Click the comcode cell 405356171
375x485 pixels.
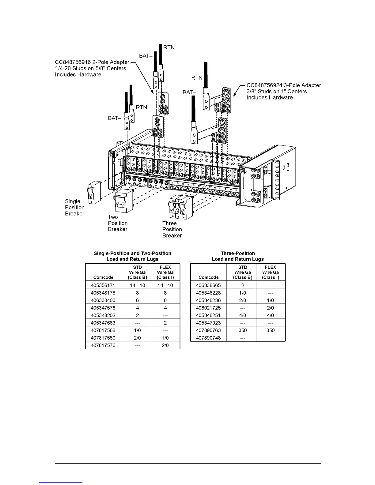click(x=103, y=285)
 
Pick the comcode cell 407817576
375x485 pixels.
click(x=103, y=345)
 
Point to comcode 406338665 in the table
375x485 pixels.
click(x=208, y=285)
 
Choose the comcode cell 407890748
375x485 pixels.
click(x=208, y=338)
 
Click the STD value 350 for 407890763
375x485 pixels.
click(x=243, y=330)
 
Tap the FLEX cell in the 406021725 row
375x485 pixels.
click(x=271, y=308)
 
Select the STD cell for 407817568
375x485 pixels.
click(x=137, y=330)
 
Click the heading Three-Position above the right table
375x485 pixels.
click(x=238, y=254)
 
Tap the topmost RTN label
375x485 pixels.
click(x=169, y=47)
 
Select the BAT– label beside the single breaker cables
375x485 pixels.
click(x=115, y=118)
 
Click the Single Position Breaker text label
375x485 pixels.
click(x=74, y=207)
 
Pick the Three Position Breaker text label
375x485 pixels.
click(x=172, y=229)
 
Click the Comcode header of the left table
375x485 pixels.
click(x=103, y=277)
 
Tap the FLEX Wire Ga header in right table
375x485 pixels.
click(x=271, y=272)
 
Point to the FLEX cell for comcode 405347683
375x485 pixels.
click(x=165, y=323)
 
